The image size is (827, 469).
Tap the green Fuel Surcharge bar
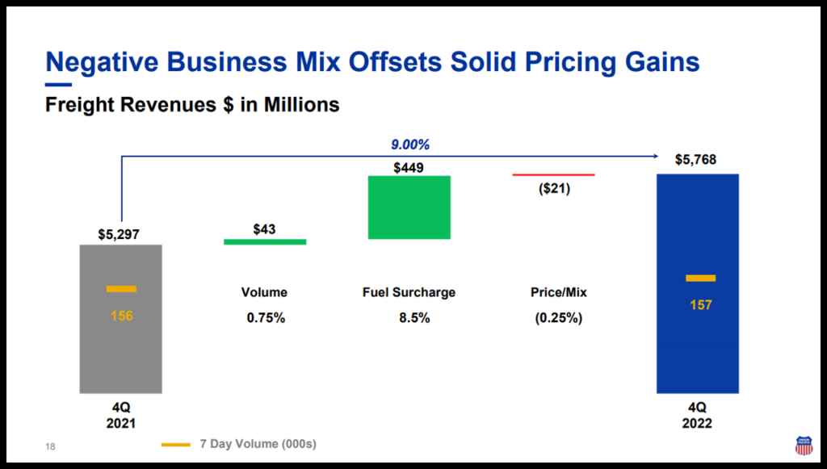(x=409, y=207)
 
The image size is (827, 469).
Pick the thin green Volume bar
(x=265, y=241)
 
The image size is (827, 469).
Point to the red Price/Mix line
(x=553, y=174)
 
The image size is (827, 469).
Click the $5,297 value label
(x=121, y=235)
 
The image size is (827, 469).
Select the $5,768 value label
(x=695, y=160)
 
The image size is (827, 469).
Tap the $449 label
(x=409, y=168)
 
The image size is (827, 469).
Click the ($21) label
(x=553, y=190)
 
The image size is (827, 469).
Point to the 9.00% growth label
(x=411, y=145)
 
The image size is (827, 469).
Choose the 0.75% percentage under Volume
(x=266, y=318)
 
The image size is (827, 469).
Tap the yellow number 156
(x=121, y=316)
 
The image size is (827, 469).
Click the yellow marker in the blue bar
(x=700, y=278)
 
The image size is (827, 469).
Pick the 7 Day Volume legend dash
(x=175, y=444)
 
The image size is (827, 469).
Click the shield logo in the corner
(x=803, y=446)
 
